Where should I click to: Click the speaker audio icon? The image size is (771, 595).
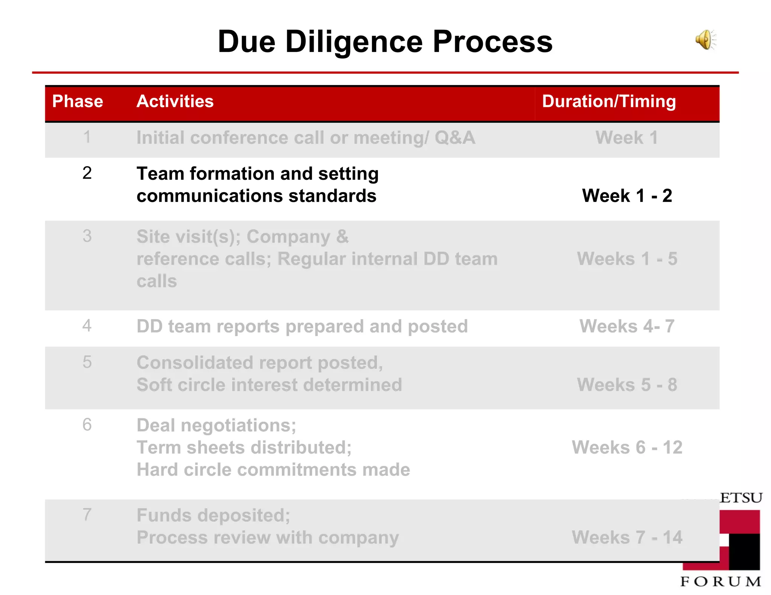click(705, 40)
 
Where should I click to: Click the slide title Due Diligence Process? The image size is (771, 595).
click(385, 41)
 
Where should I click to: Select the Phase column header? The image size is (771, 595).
click(78, 101)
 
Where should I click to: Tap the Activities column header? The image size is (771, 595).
click(175, 101)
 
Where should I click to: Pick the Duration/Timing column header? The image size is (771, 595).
click(609, 101)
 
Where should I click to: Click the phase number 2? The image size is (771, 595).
click(87, 173)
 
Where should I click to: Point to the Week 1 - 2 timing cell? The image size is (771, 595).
click(627, 196)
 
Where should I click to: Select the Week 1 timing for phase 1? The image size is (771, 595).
click(626, 137)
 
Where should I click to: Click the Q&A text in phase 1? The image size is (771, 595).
click(455, 137)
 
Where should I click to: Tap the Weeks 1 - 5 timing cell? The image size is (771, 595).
click(627, 259)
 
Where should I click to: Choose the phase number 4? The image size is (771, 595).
click(87, 325)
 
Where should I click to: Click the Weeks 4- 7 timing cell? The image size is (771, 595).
click(627, 326)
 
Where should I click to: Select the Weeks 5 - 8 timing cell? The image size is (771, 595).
click(627, 385)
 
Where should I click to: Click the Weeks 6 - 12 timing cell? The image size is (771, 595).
click(627, 448)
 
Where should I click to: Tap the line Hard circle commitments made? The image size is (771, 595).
click(273, 470)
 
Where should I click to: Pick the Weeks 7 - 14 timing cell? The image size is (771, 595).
click(627, 537)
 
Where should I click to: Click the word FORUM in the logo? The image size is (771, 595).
click(721, 581)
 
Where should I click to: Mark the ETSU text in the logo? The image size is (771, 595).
click(741, 498)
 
